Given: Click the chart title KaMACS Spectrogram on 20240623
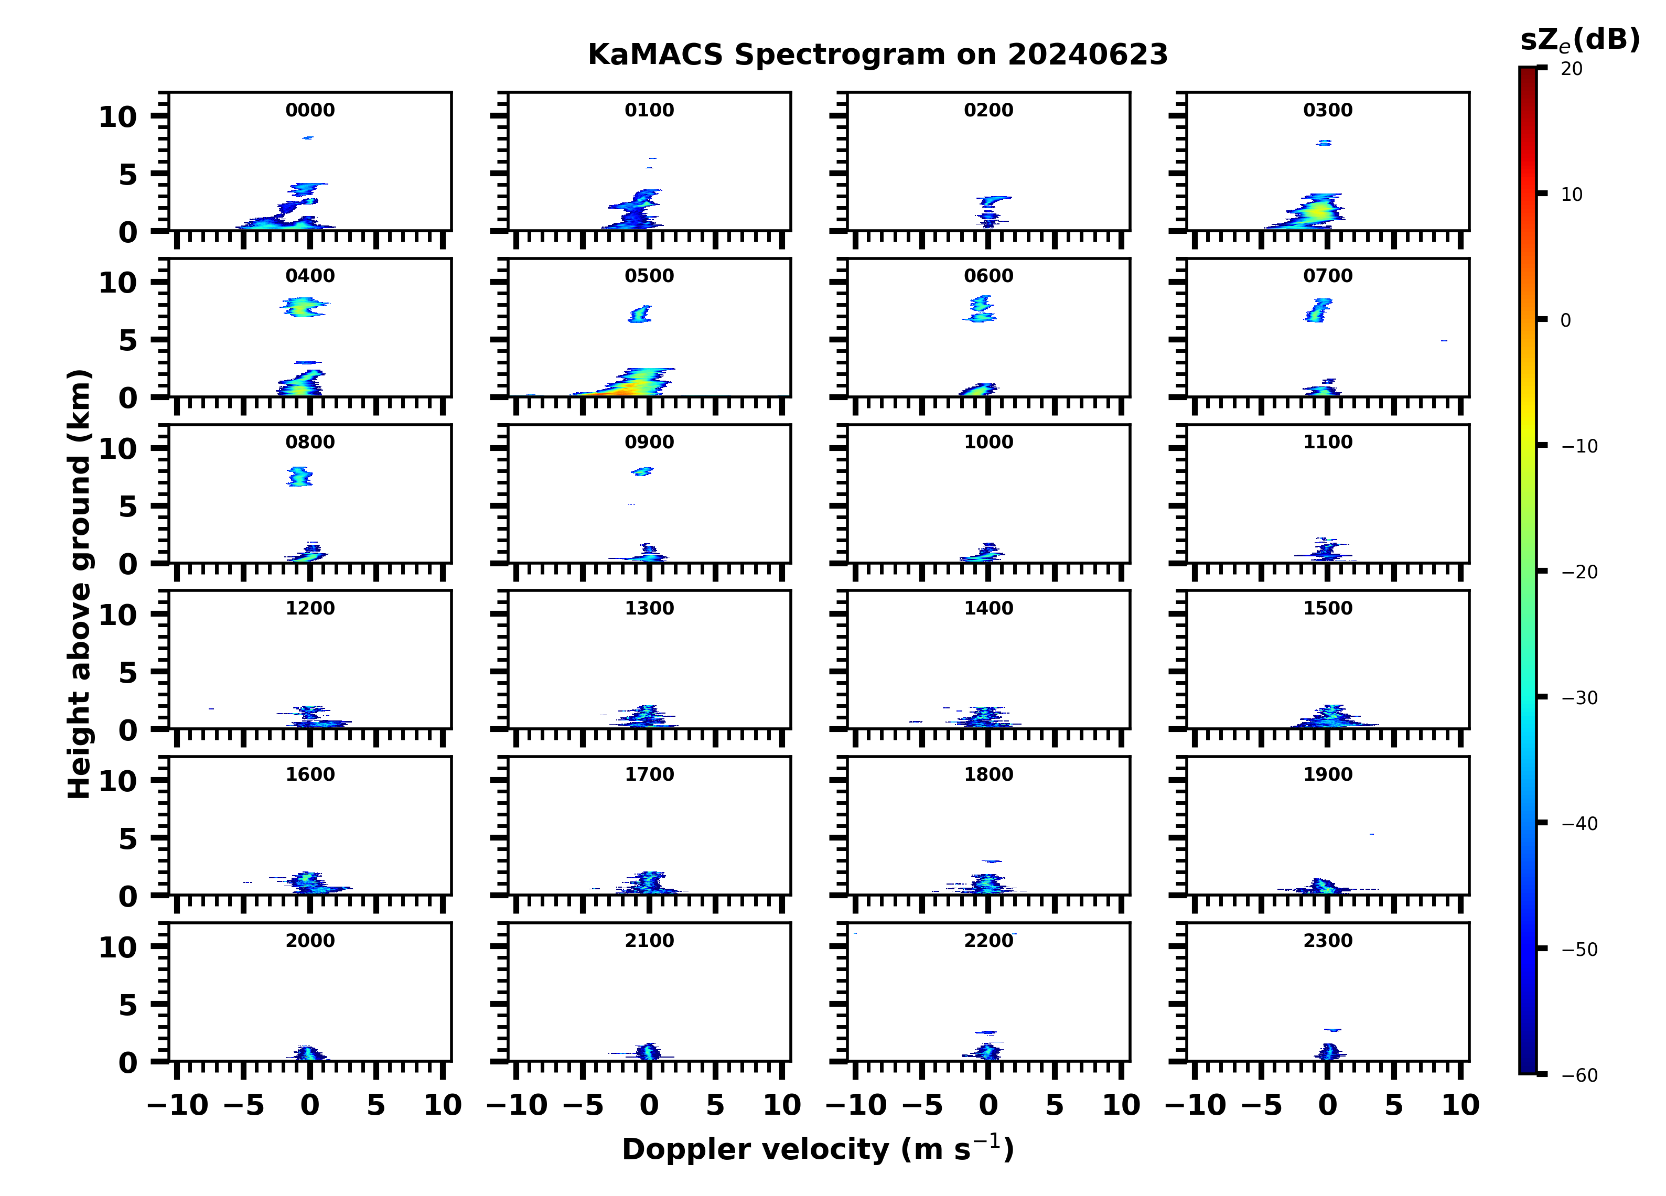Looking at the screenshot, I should [877, 55].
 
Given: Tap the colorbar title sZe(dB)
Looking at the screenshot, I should [1579, 40].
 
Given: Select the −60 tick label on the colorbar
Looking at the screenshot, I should [1579, 1075].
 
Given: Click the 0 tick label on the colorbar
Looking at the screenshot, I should [1565, 320].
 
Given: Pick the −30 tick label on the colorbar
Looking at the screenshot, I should [1579, 698].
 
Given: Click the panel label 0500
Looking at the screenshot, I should [649, 276].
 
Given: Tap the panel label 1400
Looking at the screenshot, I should [988, 608].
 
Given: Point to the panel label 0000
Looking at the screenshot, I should [310, 110].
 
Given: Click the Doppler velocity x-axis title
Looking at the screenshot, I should [818, 1149].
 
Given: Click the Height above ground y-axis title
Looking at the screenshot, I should [79, 584].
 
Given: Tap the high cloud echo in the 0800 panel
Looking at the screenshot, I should [300, 476].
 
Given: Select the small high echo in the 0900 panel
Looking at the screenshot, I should [642, 471].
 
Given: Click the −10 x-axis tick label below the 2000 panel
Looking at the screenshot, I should [178, 1105].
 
